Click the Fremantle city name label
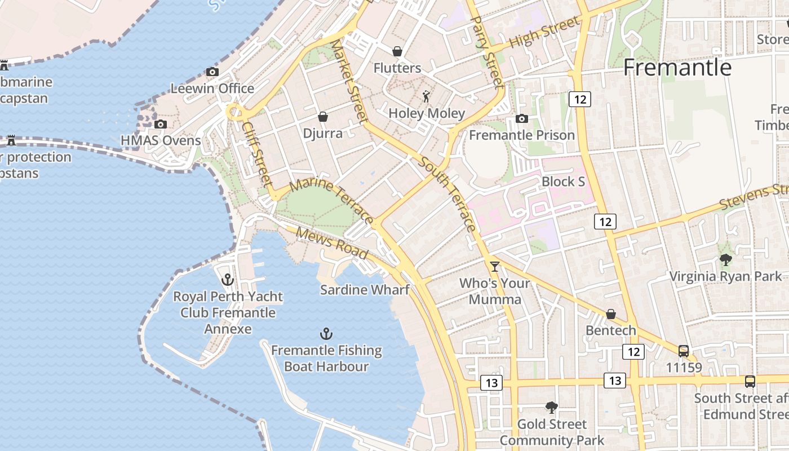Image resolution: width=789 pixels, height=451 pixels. click(x=677, y=68)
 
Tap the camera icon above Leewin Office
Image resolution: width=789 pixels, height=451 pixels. click(x=212, y=72)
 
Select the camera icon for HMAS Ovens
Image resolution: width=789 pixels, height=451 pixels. click(x=161, y=124)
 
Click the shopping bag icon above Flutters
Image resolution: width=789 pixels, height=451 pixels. click(x=397, y=51)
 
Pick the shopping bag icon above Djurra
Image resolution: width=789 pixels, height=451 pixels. click(x=323, y=117)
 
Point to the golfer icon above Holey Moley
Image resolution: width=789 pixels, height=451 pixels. click(x=426, y=96)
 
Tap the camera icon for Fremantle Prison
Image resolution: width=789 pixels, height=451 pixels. click(x=522, y=118)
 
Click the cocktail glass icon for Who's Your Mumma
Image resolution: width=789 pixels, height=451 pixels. click(x=495, y=266)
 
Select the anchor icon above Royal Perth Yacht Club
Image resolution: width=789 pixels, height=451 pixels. click(x=228, y=279)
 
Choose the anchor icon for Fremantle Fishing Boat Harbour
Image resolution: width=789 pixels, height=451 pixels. click(x=326, y=333)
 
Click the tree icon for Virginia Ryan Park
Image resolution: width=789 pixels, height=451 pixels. click(x=725, y=259)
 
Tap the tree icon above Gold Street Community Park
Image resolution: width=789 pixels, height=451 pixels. click(x=552, y=407)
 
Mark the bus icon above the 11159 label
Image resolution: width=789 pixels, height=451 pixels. click(x=684, y=351)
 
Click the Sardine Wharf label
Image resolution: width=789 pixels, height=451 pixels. click(x=365, y=290)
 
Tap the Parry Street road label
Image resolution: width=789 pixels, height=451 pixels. click(x=486, y=51)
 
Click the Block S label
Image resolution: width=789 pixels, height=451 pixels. click(x=563, y=182)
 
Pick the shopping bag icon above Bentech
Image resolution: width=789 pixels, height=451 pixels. click(x=611, y=314)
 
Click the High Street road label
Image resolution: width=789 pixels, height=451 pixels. click(x=543, y=33)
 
